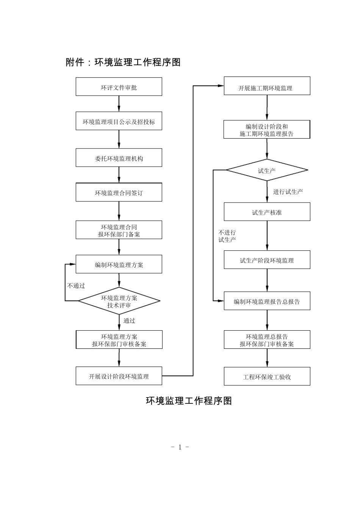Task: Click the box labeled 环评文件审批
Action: tap(119, 87)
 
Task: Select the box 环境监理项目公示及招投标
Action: tap(119, 122)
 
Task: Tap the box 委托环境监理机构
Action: tap(119, 158)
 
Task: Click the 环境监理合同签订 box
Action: tap(119, 192)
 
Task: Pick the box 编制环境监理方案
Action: tap(119, 264)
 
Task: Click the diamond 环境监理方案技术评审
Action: tap(119, 301)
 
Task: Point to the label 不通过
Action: tap(76, 286)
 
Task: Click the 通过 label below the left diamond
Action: tap(129, 321)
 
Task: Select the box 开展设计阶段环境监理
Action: tap(119, 376)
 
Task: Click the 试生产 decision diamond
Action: tap(267, 171)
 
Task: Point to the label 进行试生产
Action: tap(288, 192)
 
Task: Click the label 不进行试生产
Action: tap(227, 236)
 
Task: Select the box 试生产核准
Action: tap(267, 212)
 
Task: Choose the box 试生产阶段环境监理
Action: tap(267, 260)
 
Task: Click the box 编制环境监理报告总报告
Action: tap(267, 301)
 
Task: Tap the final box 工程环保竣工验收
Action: tap(267, 376)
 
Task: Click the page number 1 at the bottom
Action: tap(180, 447)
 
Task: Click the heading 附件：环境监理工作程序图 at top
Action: tap(123, 62)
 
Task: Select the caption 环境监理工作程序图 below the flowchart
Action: tap(189, 401)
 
